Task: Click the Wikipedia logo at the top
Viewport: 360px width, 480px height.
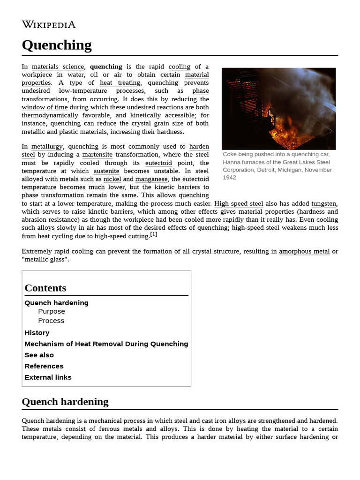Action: pyautogui.click(x=48, y=25)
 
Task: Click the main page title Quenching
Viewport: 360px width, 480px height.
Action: pyautogui.click(x=57, y=45)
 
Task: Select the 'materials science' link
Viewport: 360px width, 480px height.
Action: pyautogui.click(x=58, y=67)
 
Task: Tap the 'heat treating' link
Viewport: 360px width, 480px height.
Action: pyautogui.click(x=120, y=83)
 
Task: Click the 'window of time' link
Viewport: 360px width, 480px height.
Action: pyautogui.click(x=45, y=107)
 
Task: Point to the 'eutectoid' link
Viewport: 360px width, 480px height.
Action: pyautogui.click(x=158, y=163)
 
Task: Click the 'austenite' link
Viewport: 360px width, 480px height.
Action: pyautogui.click(x=106, y=171)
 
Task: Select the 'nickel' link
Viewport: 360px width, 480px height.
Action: pyautogui.click(x=112, y=179)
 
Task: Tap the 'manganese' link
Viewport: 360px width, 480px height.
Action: pyautogui.click(x=151, y=179)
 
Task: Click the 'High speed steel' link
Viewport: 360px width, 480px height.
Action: pyautogui.click(x=239, y=203)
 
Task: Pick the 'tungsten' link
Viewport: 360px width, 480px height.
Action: pyautogui.click(x=323, y=203)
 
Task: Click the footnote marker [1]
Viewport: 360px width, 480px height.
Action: pyautogui.click(x=154, y=234)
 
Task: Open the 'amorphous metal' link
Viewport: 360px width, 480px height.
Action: pyautogui.click(x=304, y=251)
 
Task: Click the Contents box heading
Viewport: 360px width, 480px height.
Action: pyautogui.click(x=45, y=288)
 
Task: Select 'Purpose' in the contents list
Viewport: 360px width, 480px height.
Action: pyautogui.click(x=52, y=311)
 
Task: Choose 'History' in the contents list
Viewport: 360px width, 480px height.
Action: pyautogui.click(x=37, y=333)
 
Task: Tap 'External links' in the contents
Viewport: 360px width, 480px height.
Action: pyautogui.click(x=48, y=377)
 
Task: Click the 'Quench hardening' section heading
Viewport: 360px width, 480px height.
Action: pyautogui.click(x=65, y=402)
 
